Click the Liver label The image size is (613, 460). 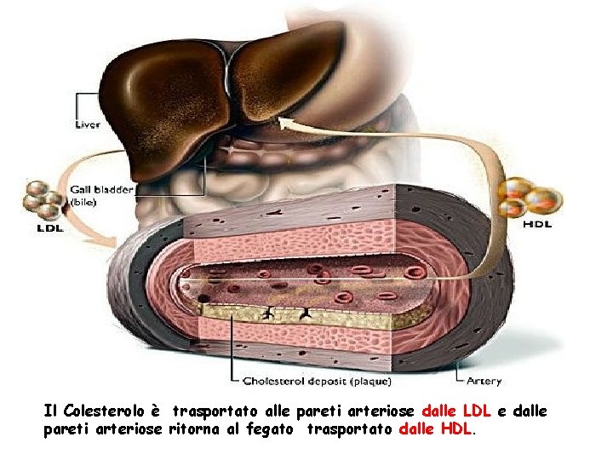87,124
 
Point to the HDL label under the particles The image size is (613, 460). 536,225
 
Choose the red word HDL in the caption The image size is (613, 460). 456,430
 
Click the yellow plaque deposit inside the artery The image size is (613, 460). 298,319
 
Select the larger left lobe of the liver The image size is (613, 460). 170,102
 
